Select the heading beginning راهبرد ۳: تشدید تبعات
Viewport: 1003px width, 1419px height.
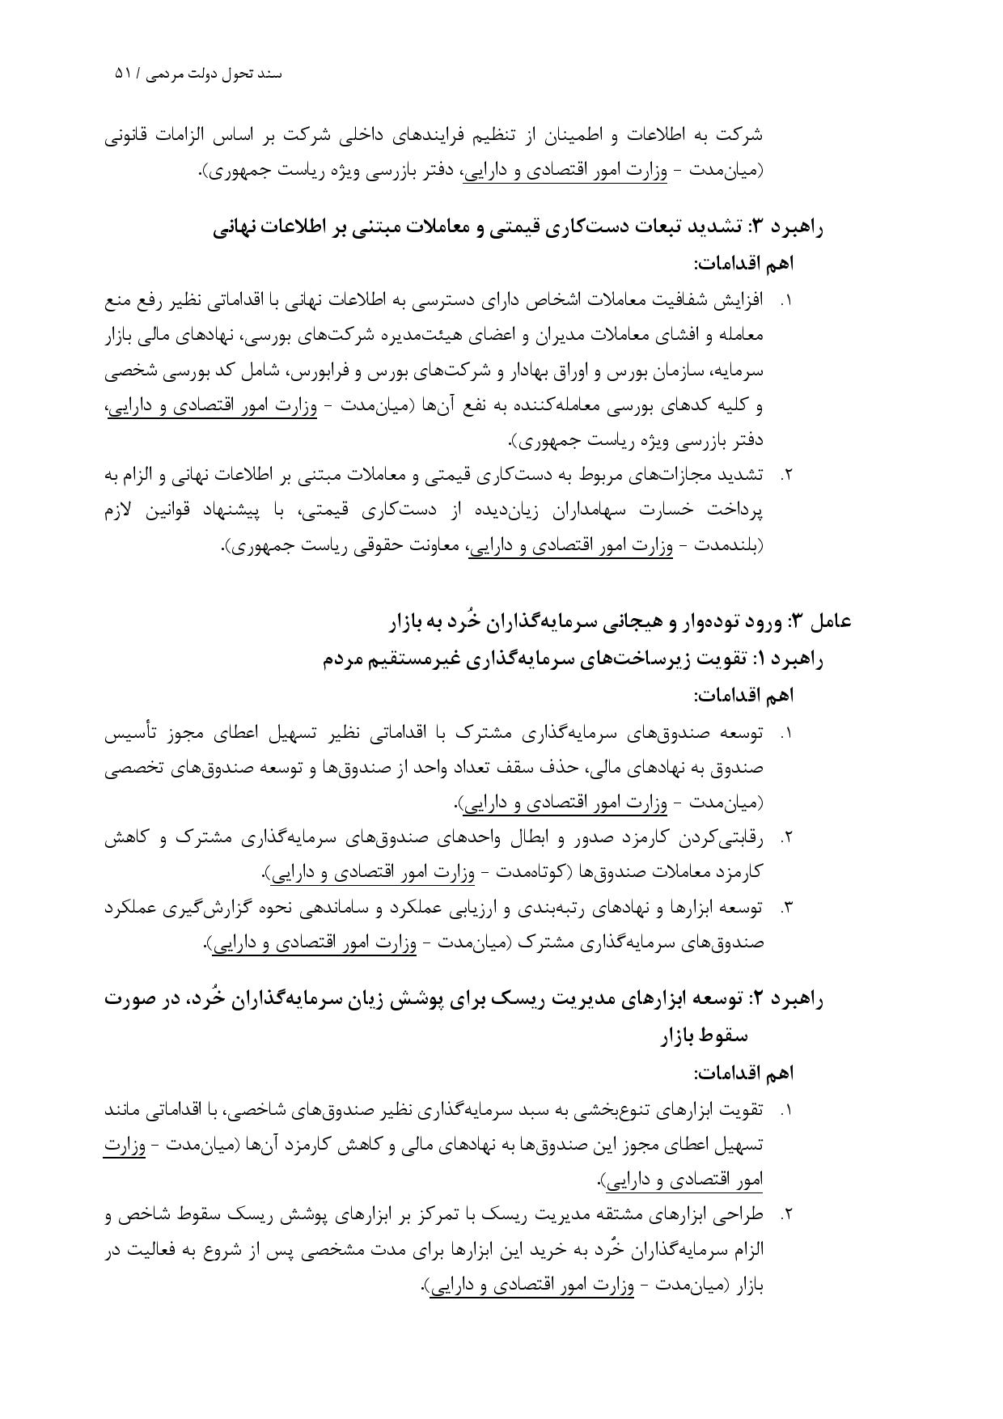(518, 227)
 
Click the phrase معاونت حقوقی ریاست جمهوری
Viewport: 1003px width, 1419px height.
(336, 546)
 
